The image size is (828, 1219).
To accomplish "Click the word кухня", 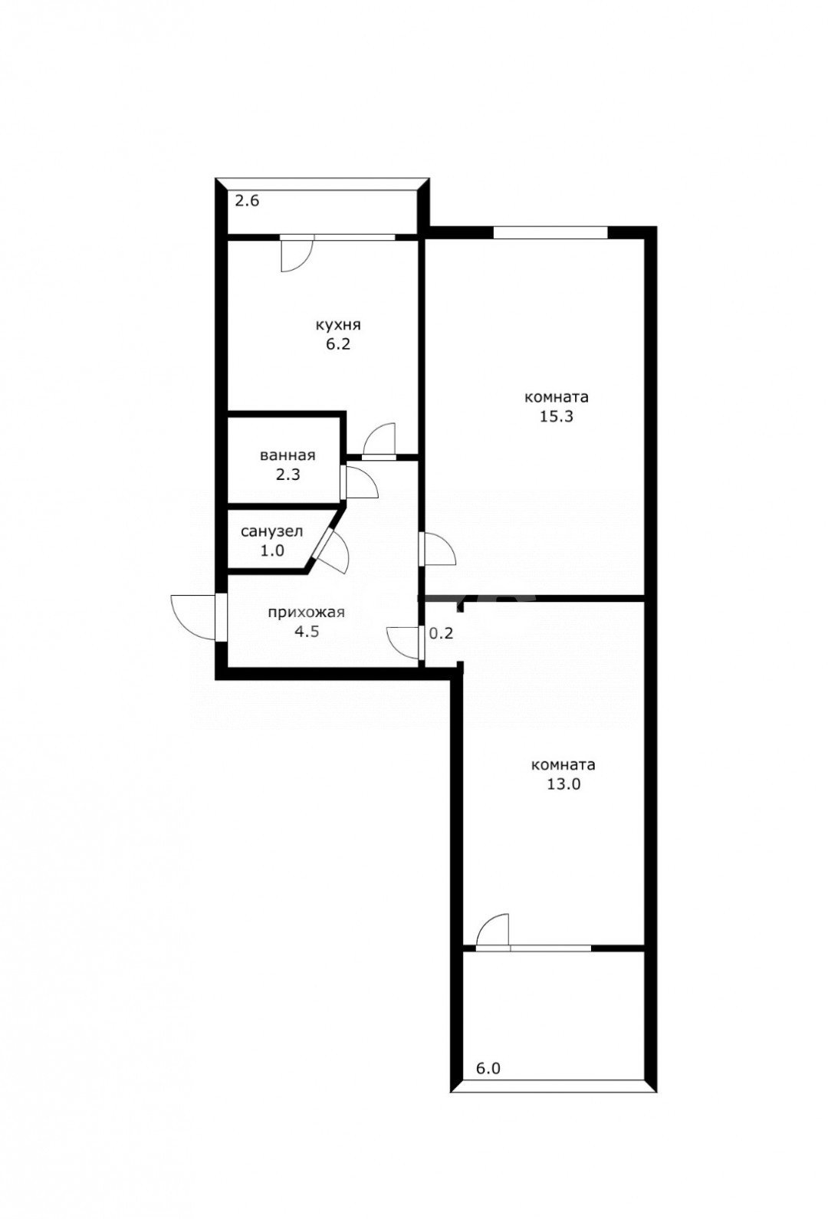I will point(337,324).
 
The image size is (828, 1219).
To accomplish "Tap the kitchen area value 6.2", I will point(337,344).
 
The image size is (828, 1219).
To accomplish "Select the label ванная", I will point(287,455).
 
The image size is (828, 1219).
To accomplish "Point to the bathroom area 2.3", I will point(287,475).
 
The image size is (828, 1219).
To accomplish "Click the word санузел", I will point(271,531).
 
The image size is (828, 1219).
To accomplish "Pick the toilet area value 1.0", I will point(271,550).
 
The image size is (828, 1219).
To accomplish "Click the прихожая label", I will point(306,613).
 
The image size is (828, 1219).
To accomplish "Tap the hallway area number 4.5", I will point(306,632).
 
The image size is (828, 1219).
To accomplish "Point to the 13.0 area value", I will point(563,784).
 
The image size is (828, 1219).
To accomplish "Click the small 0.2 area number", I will point(441,634).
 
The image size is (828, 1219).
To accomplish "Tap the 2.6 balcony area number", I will point(247,202).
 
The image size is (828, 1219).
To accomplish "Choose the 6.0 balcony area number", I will point(488,1068).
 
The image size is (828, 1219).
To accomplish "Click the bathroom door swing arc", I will point(361,482).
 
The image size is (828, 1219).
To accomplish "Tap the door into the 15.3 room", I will point(439,549).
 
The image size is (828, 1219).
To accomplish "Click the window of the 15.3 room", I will point(550,232).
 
